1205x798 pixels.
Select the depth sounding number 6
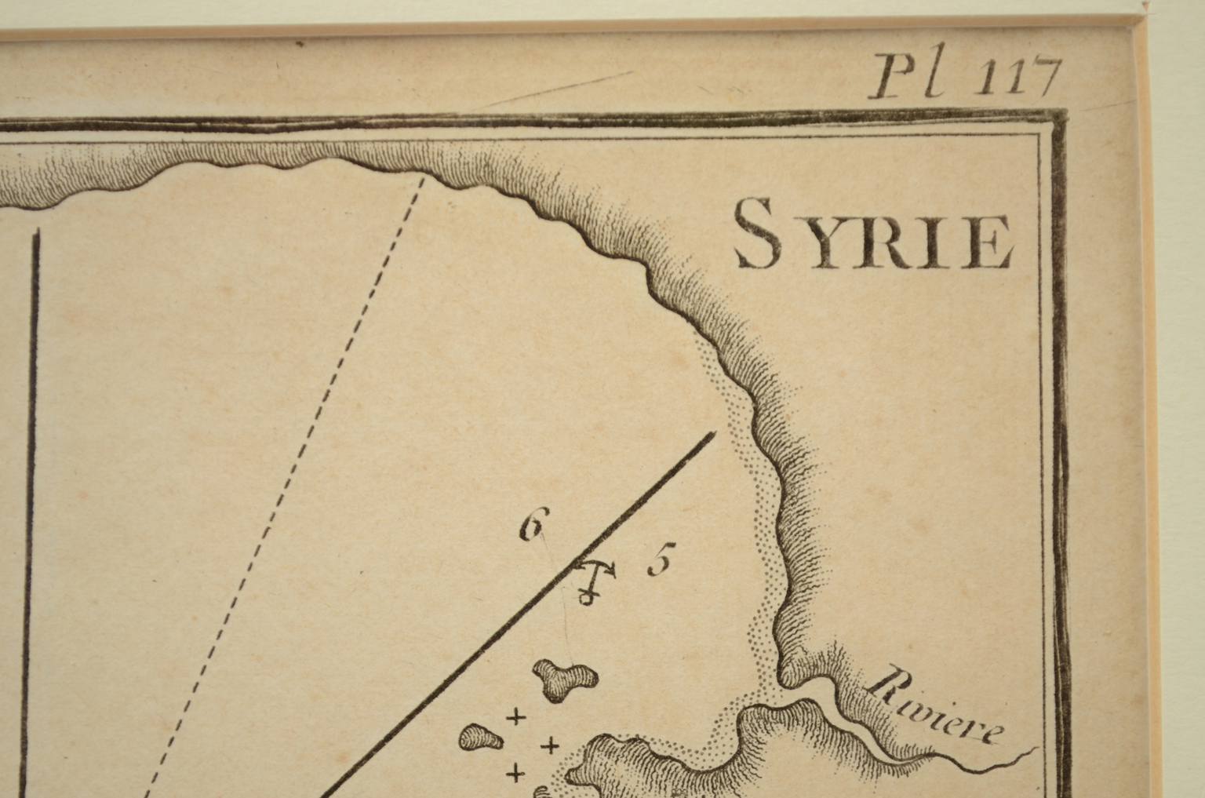tap(532, 526)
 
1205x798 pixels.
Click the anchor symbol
tap(594, 581)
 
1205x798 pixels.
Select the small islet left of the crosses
tap(481, 737)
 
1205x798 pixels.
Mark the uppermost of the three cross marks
tap(516, 716)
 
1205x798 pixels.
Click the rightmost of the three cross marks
tap(552, 745)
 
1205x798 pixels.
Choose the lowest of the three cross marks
tap(516, 774)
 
